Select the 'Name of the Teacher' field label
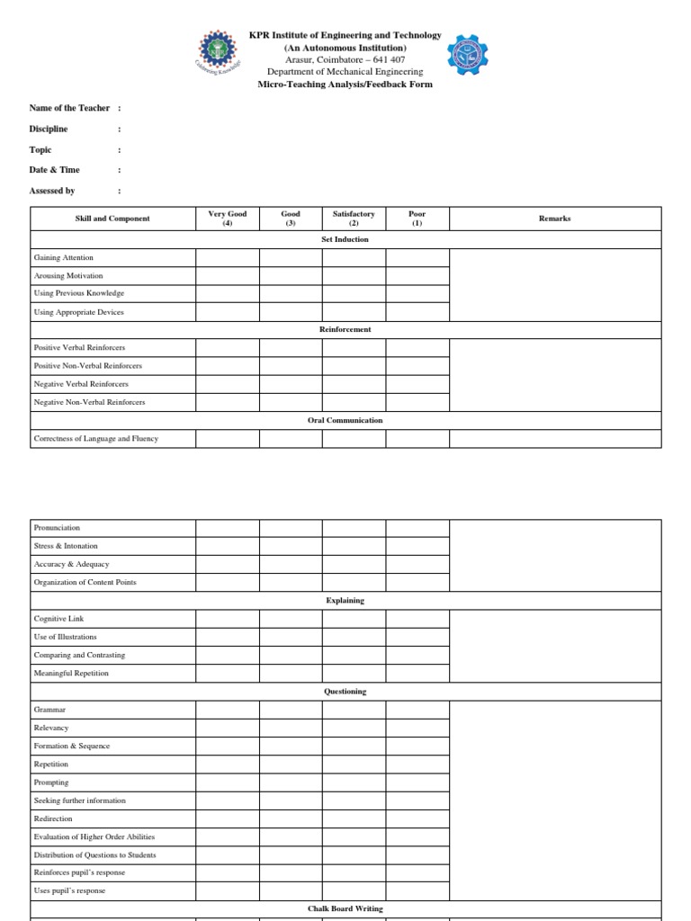(69, 108)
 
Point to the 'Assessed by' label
(52, 191)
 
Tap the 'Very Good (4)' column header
(228, 219)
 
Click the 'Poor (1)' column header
(417, 219)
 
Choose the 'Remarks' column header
(554, 219)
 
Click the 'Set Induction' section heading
(345, 239)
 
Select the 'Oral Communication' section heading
(345, 420)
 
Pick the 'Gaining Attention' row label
(63, 257)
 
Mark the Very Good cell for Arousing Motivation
(228, 275)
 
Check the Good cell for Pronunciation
(291, 528)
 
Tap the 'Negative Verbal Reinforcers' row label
(81, 384)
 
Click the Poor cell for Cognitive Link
(417, 619)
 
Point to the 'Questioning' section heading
(345, 692)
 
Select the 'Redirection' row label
(53, 818)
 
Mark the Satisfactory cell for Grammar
(354, 710)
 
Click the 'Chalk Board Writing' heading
(345, 908)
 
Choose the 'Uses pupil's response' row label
(69, 890)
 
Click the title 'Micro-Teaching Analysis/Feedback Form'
(345, 85)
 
